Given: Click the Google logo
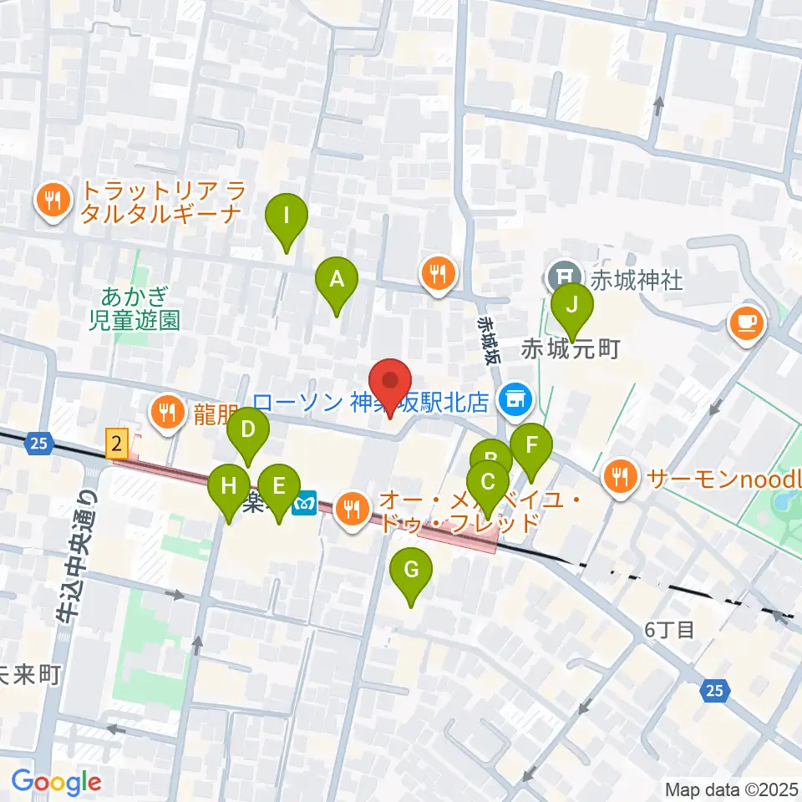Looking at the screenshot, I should click(56, 782).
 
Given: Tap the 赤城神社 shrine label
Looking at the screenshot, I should click(637, 280).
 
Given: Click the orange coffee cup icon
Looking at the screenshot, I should click(747, 322).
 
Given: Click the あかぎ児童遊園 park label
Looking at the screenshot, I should click(134, 307).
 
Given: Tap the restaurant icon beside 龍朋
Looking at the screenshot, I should click(168, 411).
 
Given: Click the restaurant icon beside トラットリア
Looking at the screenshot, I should click(53, 200).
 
